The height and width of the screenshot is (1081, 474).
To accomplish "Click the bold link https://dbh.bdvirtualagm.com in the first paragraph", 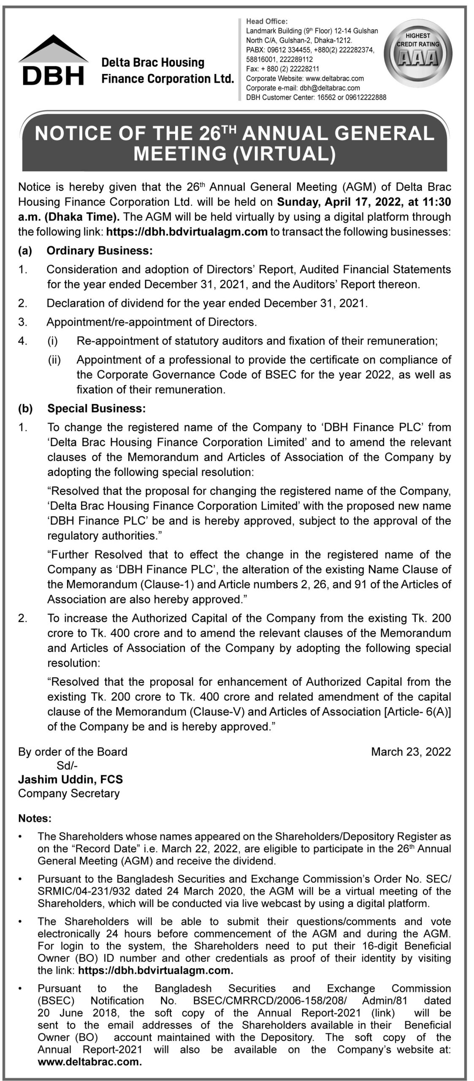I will [187, 232].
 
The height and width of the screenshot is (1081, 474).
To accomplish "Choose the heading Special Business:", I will [97, 408].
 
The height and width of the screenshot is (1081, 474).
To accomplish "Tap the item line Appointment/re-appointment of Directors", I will [152, 322].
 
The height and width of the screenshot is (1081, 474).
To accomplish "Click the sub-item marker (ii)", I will [54, 360].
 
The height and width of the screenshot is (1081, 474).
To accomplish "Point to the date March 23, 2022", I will [411, 752].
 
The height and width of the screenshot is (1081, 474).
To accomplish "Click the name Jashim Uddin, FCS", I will [70, 780].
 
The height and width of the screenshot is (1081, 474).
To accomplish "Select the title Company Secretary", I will [69, 793].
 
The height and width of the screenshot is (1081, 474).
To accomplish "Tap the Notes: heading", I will [35, 818].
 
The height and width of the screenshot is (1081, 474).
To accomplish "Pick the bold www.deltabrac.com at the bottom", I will [89, 1060].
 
